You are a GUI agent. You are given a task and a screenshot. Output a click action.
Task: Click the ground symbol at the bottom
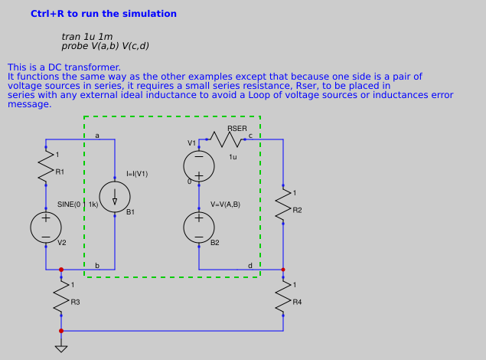click(61, 349)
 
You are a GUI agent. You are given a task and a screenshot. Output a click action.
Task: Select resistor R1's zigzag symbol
click(46, 168)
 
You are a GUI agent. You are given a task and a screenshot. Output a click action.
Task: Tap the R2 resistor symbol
click(283, 204)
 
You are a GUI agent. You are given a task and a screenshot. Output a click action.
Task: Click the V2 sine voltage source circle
click(46, 227)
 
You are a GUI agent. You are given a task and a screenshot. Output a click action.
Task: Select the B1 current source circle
click(115, 197)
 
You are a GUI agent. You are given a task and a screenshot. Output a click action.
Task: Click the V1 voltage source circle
click(199, 166)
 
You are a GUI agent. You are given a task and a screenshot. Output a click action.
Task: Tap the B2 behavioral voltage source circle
click(199, 227)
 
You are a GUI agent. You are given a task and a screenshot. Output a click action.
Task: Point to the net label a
click(97, 136)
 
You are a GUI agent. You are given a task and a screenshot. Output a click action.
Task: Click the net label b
click(97, 266)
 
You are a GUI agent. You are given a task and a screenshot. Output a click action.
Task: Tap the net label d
click(250, 266)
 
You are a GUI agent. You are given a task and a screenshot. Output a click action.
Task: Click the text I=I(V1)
click(137, 174)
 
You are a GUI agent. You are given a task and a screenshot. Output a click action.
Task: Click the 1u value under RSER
click(233, 156)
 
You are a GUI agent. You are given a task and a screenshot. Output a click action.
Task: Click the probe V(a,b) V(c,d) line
click(106, 46)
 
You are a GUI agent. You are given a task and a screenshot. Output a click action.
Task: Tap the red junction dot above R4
click(283, 270)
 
